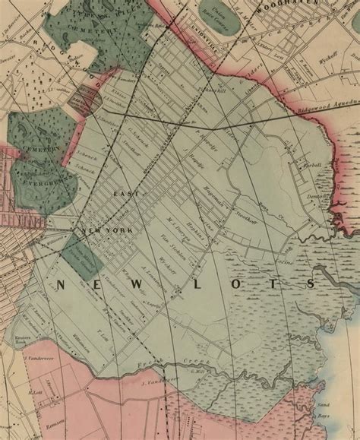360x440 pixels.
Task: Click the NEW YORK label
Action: [106, 230]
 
